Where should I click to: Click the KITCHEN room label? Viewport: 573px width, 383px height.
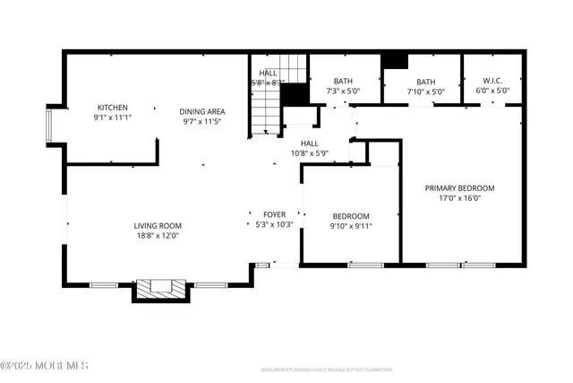click(113, 107)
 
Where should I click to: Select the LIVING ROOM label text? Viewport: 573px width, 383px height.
click(158, 226)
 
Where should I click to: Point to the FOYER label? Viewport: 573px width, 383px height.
click(273, 215)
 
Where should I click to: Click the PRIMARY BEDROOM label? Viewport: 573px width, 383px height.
click(458, 188)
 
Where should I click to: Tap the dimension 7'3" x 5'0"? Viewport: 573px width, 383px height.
click(342, 91)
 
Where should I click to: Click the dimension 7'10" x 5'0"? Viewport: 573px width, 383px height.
click(425, 91)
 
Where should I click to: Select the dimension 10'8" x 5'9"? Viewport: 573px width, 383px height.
click(309, 153)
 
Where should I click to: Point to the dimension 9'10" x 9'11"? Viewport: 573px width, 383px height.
click(350, 226)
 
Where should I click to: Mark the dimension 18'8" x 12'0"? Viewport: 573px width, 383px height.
click(158, 236)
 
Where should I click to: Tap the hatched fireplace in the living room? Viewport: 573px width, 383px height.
click(158, 289)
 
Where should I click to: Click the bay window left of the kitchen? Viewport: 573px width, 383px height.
click(53, 126)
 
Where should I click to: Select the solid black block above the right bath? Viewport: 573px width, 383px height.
click(394, 60)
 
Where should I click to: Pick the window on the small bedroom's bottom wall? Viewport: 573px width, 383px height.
click(365, 265)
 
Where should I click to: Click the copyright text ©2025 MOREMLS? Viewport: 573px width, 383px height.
click(45, 365)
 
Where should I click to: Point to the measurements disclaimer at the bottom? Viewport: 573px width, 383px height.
click(326, 370)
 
